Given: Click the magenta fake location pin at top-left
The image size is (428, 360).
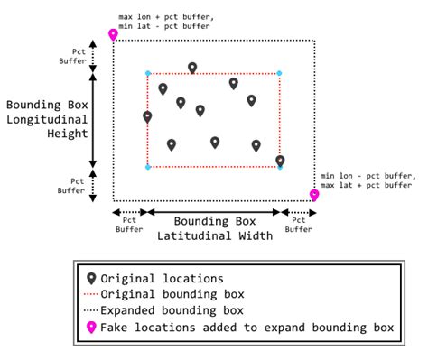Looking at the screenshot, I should pyautogui.click(x=113, y=34).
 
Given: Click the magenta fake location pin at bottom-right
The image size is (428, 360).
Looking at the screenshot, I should pyautogui.click(x=314, y=194).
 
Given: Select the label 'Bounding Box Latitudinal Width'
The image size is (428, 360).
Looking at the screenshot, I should pyautogui.click(x=215, y=228).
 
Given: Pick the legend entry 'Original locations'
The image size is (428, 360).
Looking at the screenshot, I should pyautogui.click(x=162, y=278).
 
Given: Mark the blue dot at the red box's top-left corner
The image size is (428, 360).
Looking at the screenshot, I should pyautogui.click(x=147, y=73).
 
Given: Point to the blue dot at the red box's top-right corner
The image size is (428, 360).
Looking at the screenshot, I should pyautogui.click(x=279, y=73).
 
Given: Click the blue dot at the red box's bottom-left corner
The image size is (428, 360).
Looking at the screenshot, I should pyautogui.click(x=147, y=167).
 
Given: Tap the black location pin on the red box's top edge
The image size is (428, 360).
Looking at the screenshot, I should pyautogui.click(x=192, y=68).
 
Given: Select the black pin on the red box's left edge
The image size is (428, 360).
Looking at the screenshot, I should pyautogui.click(x=147, y=116).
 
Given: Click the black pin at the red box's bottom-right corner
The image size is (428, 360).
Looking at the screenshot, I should pyautogui.click(x=280, y=161).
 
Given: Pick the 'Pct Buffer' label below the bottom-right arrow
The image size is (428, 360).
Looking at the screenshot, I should pyautogui.click(x=300, y=226).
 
